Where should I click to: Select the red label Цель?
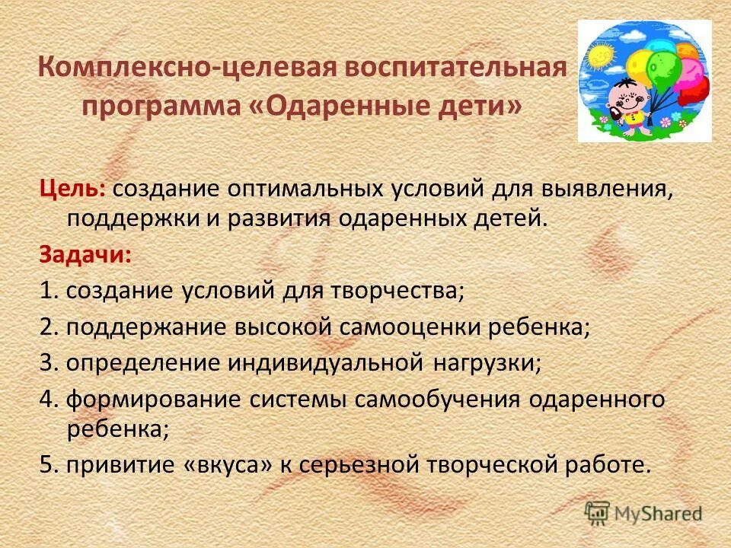[74, 188]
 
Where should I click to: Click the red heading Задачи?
[85, 254]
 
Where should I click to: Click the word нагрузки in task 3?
[487, 363]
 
